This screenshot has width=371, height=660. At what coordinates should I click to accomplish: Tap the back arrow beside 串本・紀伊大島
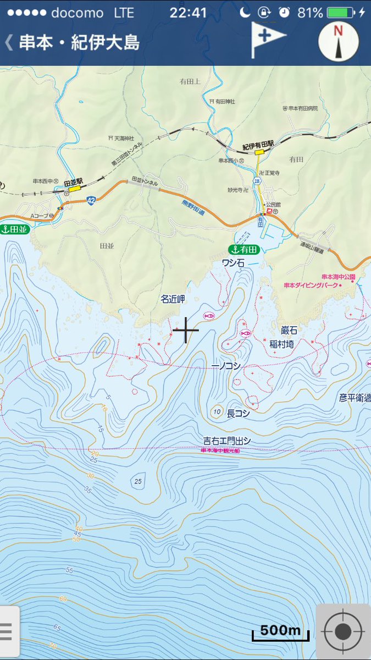pos(9,42)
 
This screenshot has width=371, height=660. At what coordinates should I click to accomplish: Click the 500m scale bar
pos(280,632)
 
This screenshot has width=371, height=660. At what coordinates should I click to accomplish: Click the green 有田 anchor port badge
pos(244,250)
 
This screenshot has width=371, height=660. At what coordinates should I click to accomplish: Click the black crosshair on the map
pos(185,330)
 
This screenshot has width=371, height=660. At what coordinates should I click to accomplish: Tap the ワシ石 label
pos(232,263)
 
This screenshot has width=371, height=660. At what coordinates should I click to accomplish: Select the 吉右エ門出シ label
pos(227,441)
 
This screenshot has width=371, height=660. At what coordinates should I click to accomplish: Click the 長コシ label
pos(239,414)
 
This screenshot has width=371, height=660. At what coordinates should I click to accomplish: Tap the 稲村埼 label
pos(281,344)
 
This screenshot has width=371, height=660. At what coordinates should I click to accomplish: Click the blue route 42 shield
pos(91,202)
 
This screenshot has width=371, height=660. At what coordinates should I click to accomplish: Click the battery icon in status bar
pos(340,12)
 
